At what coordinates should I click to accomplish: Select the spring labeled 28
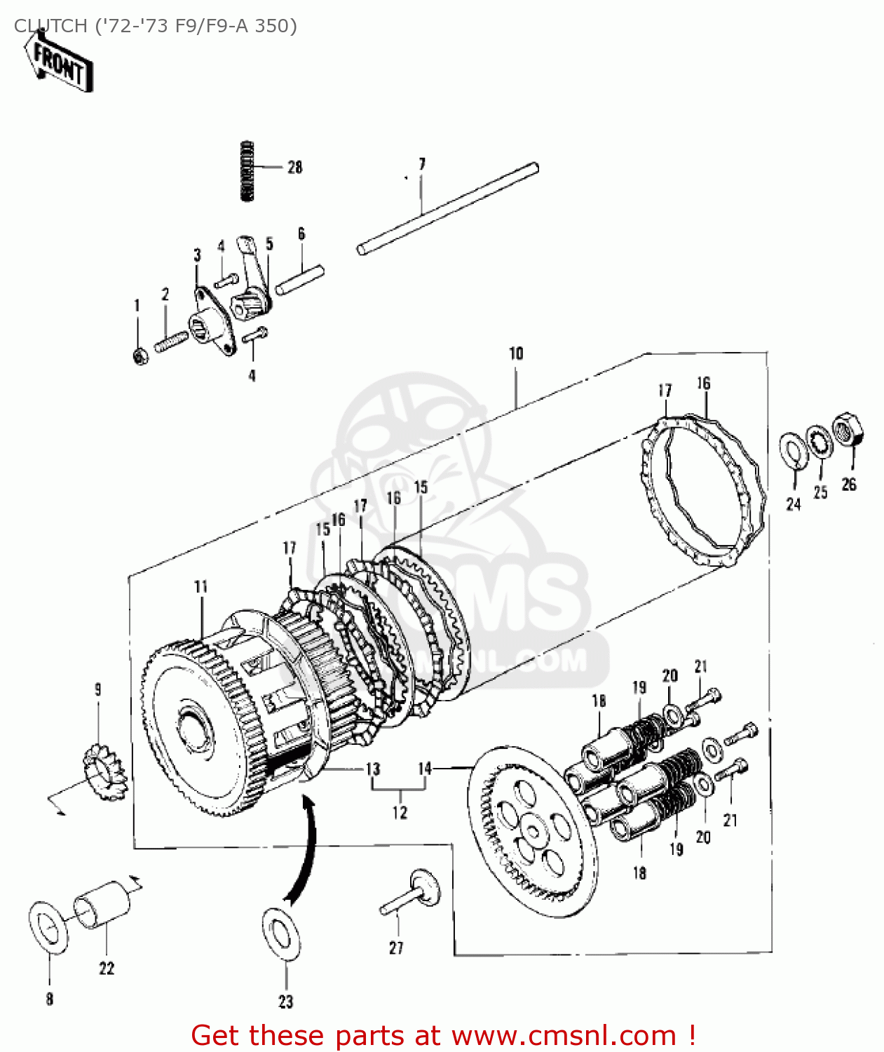[x=247, y=171]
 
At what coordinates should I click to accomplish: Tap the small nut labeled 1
[x=140, y=356]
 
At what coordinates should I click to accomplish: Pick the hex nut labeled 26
[x=848, y=431]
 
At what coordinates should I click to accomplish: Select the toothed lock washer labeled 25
[x=818, y=442]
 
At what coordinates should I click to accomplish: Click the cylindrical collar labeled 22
[x=102, y=905]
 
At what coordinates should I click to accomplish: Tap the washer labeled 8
[x=48, y=928]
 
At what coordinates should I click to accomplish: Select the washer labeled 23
[x=282, y=936]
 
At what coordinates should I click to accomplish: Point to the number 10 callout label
[x=516, y=353]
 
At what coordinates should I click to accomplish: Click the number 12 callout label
[x=400, y=812]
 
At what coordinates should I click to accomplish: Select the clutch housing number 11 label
[x=201, y=586]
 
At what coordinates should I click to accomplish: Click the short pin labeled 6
[x=300, y=279]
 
